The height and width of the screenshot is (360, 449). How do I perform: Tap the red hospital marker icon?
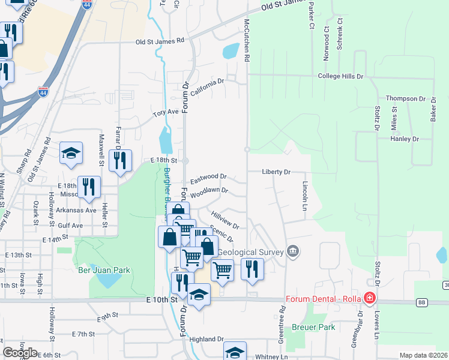[370, 298]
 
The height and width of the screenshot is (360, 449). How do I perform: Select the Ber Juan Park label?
[104, 270]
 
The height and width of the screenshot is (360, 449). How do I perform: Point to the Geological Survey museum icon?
[293, 250]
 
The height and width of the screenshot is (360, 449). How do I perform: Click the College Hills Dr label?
[340, 76]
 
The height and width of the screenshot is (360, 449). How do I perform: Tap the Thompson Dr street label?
[405, 98]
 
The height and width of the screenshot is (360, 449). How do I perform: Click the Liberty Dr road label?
[276, 172]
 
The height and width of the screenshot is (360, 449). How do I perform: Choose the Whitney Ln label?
[271, 356]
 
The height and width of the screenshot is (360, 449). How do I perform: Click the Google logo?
[20, 352]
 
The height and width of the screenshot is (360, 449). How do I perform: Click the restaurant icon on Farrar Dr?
[121, 160]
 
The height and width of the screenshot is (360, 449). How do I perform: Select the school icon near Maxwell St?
[71, 153]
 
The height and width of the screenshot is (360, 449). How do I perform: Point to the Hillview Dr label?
[225, 220]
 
